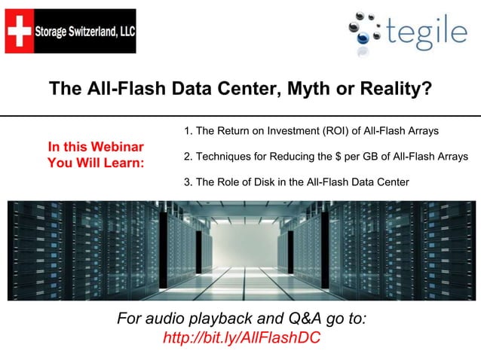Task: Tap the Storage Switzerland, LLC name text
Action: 85,31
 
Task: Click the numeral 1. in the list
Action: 188,132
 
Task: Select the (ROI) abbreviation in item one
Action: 336,132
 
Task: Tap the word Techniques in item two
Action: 224,157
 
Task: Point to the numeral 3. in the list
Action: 188,182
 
